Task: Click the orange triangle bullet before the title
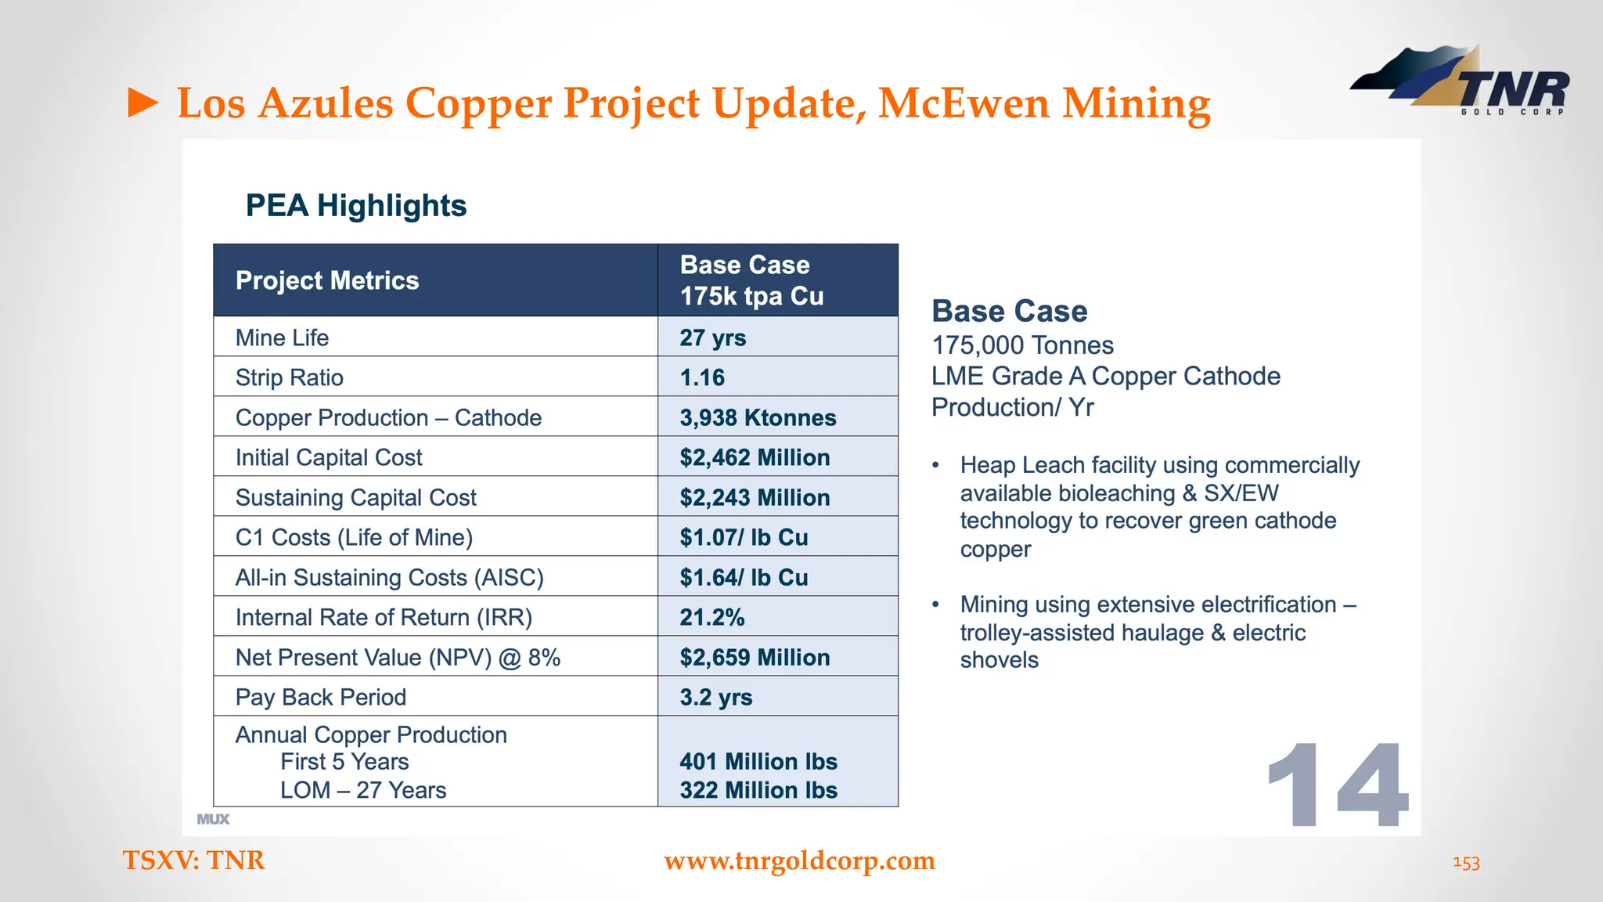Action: click(143, 103)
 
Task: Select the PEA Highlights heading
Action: click(356, 206)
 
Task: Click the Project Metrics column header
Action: click(327, 280)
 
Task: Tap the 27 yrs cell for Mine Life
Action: click(712, 337)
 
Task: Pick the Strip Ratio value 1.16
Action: click(702, 377)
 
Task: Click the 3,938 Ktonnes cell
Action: click(758, 417)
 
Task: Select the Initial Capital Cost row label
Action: click(329, 457)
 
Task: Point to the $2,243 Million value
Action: click(755, 497)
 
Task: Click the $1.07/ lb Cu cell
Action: click(744, 537)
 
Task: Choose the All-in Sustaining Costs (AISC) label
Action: click(389, 577)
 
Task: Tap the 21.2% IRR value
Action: click(711, 617)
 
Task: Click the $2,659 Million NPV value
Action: click(755, 657)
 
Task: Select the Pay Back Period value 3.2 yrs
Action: click(715, 697)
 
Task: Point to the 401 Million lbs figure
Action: click(758, 761)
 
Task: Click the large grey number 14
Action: click(1337, 786)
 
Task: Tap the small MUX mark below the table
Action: click(213, 819)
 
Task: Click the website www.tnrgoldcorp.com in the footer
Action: click(799, 861)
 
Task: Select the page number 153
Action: click(1466, 863)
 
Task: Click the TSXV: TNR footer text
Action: click(193, 861)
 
